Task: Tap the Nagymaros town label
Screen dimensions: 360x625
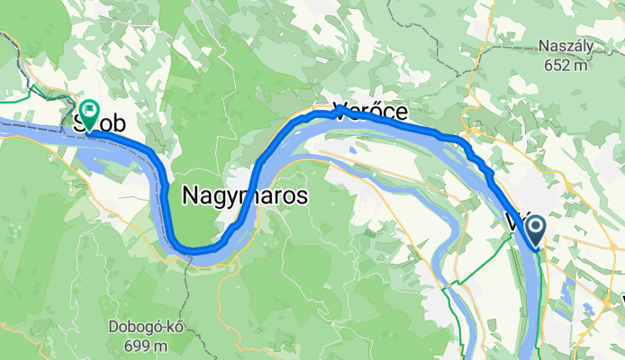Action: click(245, 194)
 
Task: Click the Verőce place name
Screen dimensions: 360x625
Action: click(370, 112)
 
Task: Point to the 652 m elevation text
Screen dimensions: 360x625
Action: click(565, 65)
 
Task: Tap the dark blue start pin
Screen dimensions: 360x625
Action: click(536, 230)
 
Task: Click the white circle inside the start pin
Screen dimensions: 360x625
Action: click(536, 227)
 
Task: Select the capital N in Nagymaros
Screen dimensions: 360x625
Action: click(191, 194)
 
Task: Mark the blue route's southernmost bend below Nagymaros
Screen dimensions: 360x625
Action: click(199, 249)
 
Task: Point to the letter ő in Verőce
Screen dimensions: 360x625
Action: click(369, 112)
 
